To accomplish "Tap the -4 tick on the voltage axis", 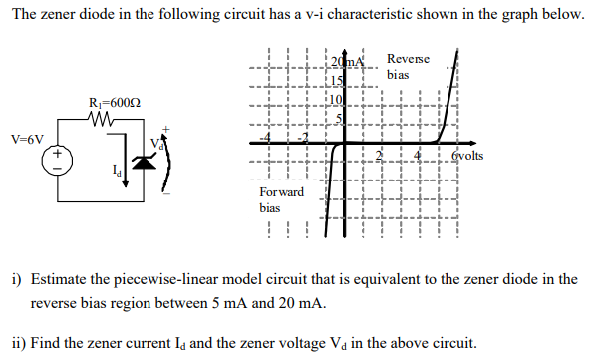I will [263, 137].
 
